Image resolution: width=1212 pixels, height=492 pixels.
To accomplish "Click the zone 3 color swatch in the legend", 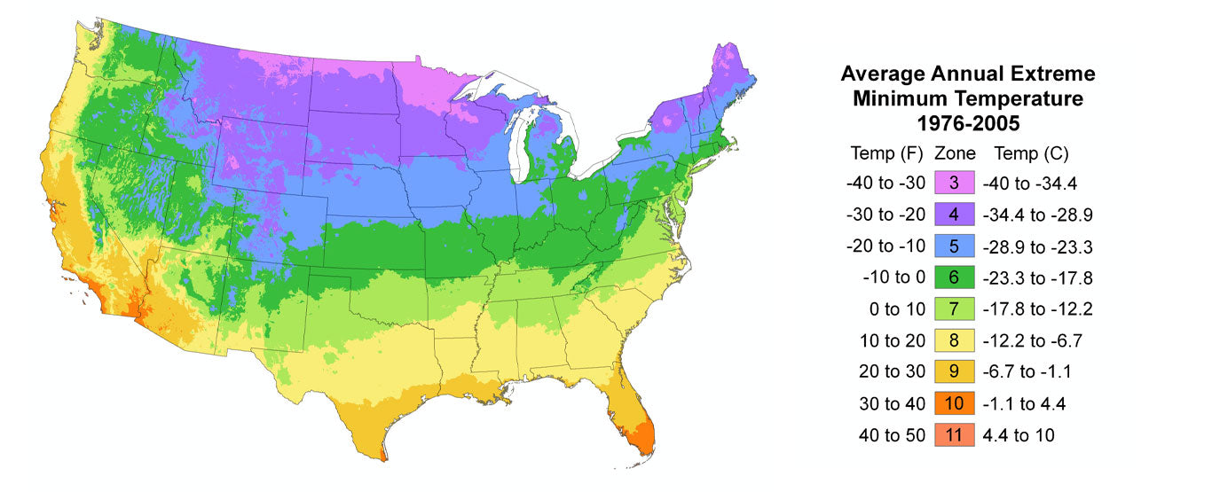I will coord(954,184).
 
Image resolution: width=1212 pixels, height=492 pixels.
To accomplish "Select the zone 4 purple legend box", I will coord(954,215).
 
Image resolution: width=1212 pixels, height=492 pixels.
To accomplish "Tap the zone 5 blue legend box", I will coord(954,246).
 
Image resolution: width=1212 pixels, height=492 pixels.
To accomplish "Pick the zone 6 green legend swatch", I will coord(954,277).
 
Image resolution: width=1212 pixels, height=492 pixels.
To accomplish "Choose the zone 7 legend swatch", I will coord(954,309).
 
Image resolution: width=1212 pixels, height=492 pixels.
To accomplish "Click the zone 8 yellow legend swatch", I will coord(954,340).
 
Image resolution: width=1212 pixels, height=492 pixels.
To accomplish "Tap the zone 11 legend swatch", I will coord(954,435).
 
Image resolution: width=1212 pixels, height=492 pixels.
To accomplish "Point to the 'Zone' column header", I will coord(955,152).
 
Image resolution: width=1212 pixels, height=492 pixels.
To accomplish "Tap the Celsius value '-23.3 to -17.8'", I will coord(1037,277).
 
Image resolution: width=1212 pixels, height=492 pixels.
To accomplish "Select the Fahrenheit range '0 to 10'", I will coord(896,309).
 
